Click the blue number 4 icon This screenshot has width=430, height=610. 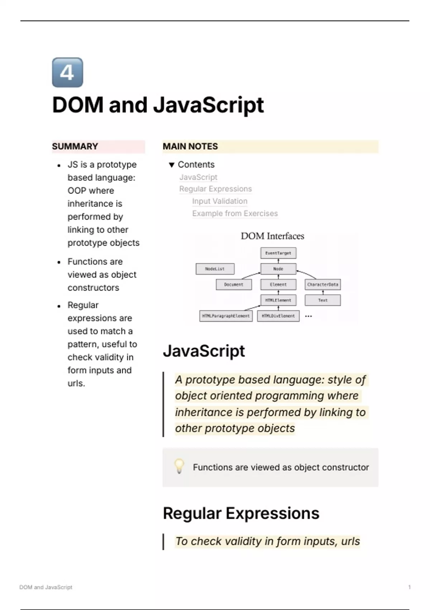click(67, 72)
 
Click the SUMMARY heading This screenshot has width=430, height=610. click(75, 146)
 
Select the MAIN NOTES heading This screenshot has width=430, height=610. click(190, 146)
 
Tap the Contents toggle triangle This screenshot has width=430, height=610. click(172, 165)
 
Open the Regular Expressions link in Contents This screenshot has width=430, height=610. click(215, 189)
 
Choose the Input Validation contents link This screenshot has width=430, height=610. click(220, 201)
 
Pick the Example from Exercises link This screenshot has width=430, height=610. click(235, 213)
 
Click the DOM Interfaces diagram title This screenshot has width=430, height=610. click(272, 236)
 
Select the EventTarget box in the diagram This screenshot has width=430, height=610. click(278, 253)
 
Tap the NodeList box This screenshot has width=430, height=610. click(215, 269)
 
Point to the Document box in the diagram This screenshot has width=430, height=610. click(234, 285)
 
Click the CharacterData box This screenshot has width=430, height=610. click(322, 285)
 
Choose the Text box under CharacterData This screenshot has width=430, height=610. click(322, 300)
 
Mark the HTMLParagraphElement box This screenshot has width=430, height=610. click(226, 316)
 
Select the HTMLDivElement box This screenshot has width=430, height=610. click(278, 316)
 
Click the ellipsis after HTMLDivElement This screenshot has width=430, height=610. click(308, 316)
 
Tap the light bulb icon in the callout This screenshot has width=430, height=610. click(179, 466)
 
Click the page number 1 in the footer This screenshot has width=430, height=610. click(409, 587)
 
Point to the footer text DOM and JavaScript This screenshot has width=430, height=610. click(46, 587)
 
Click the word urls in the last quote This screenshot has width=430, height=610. click(350, 541)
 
